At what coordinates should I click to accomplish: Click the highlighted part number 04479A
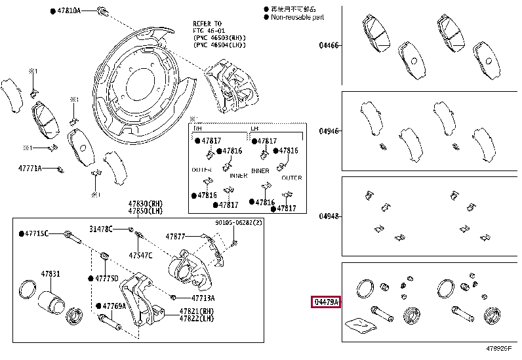coord(326,302)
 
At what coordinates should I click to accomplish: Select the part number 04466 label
coord(329,45)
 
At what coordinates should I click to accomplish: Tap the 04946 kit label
coord(329,131)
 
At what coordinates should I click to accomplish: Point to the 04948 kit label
coord(329,216)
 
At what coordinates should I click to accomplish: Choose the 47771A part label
coord(30,169)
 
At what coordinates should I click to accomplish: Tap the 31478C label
coord(101,228)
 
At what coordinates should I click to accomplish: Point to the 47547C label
coord(140,255)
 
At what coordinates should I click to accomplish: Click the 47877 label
coord(176,236)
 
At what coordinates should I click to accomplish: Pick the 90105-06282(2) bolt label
coord(238,222)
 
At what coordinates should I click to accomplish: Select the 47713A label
coord(185,298)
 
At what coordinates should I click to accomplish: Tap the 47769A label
coord(113,306)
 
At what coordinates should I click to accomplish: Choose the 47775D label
coord(106,278)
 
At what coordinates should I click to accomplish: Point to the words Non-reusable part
coord(296,17)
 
